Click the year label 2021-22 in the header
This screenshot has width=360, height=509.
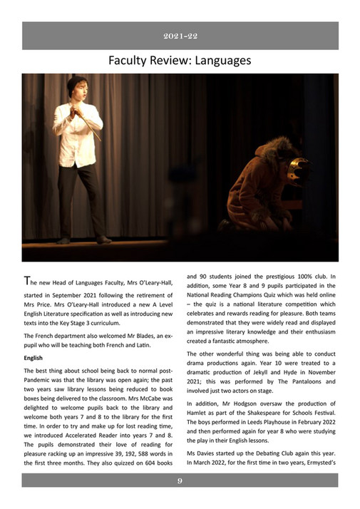(180, 36)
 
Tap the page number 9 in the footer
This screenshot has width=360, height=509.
(180, 482)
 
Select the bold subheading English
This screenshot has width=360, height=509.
(34, 359)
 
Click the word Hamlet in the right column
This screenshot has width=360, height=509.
(200, 413)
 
